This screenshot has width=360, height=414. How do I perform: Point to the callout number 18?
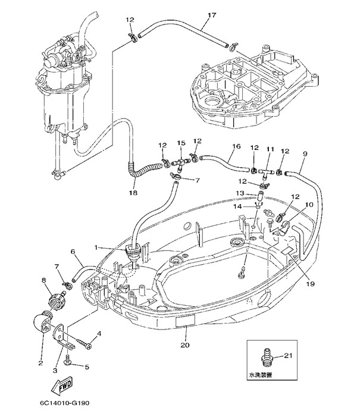133,193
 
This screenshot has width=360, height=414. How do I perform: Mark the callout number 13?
240,193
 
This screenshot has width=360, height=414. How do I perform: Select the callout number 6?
74,252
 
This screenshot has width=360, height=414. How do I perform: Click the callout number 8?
44,280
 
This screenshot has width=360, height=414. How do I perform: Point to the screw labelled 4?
87,344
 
